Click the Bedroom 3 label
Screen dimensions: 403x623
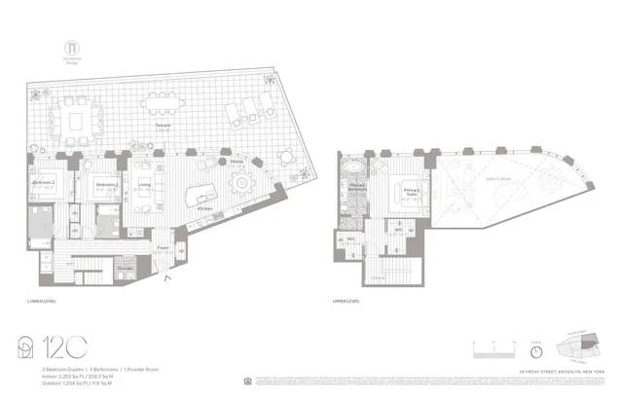click(105, 183)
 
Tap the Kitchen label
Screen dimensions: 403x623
click(205, 208)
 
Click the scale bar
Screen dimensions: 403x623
click(494, 348)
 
